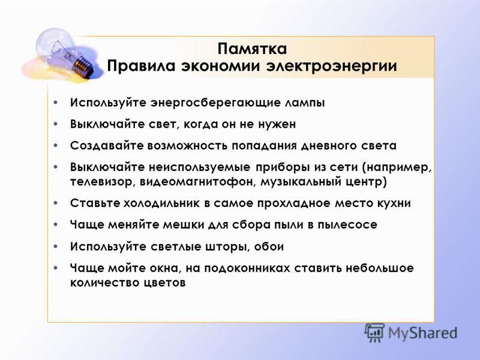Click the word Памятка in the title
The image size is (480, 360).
click(x=252, y=49)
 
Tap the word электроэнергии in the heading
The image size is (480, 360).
click(x=331, y=67)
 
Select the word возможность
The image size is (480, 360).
click(x=187, y=145)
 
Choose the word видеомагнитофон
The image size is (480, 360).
click(x=199, y=182)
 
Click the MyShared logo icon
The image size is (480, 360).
click(x=374, y=332)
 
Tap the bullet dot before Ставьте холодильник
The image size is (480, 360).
click(x=55, y=203)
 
